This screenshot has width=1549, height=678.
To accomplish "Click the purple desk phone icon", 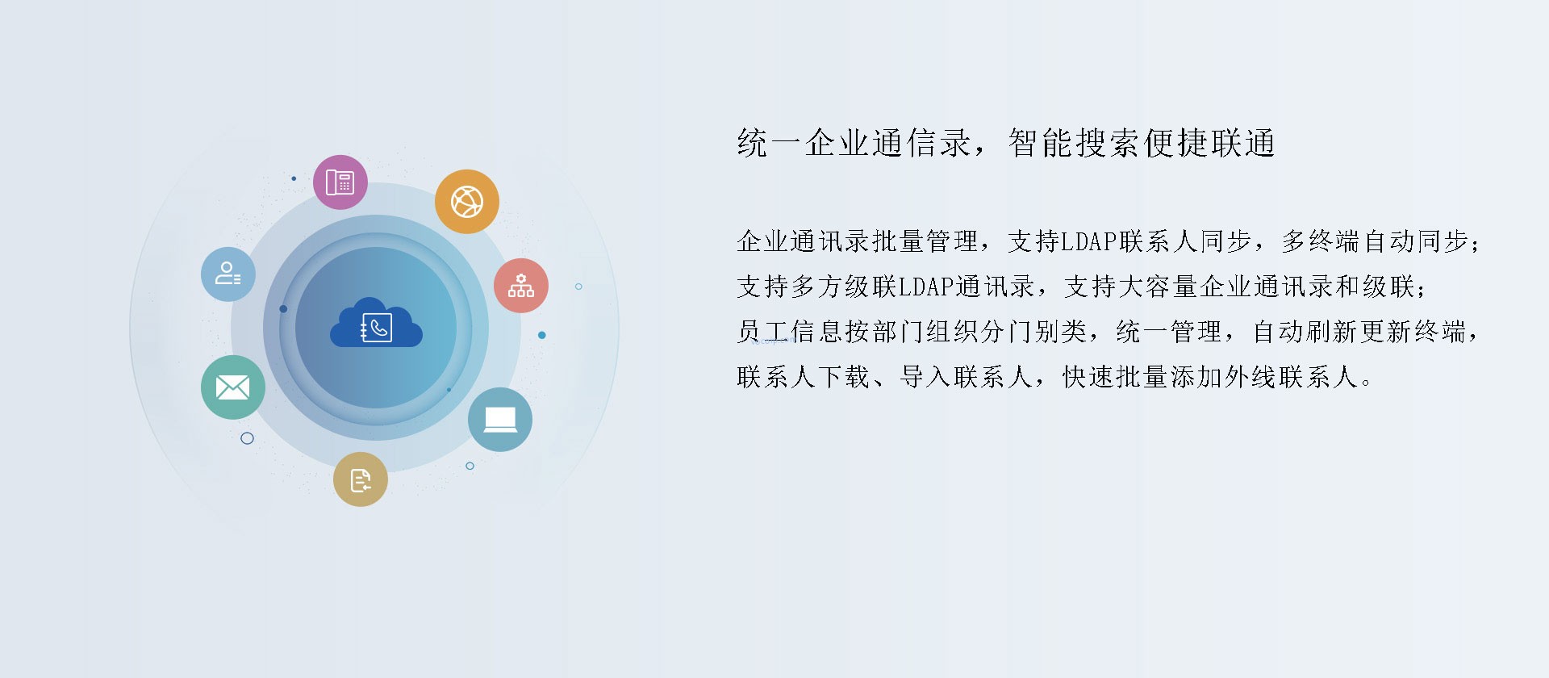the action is pyautogui.click(x=340, y=182).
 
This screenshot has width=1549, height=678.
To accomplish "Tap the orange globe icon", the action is pyautogui.click(x=467, y=202).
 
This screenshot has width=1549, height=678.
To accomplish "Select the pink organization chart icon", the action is pyautogui.click(x=521, y=286).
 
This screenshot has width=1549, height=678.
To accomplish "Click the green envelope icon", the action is pyautogui.click(x=233, y=387).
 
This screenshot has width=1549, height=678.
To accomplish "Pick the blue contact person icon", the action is pyautogui.click(x=228, y=274).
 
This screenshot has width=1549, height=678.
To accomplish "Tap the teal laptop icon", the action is pyautogui.click(x=500, y=420).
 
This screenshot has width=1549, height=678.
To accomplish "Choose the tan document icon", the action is pyautogui.click(x=361, y=479).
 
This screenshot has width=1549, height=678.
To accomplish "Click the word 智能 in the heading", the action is pyautogui.click(x=1041, y=143).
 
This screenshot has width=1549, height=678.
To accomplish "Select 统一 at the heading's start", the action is pyautogui.click(x=770, y=143).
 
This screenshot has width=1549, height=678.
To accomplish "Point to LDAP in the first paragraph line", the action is pyautogui.click(x=1088, y=241).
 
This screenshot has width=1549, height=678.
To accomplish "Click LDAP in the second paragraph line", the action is pyautogui.click(x=927, y=287).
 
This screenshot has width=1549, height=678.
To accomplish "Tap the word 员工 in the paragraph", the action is pyautogui.click(x=763, y=332).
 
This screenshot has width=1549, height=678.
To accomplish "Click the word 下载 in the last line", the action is pyautogui.click(x=845, y=377).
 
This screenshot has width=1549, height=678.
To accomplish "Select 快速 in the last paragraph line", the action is pyautogui.click(x=1089, y=377).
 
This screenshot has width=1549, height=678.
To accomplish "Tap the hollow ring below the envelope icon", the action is pyautogui.click(x=248, y=438).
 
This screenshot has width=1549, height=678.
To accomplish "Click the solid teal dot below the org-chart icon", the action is pyautogui.click(x=542, y=335).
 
